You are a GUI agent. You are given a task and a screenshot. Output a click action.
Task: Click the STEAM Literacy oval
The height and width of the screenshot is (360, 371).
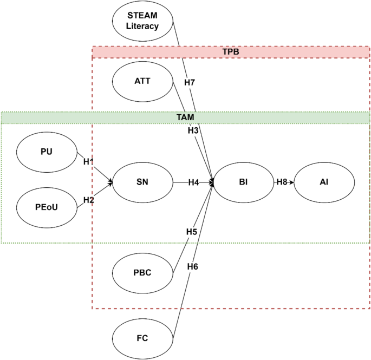point(142,21)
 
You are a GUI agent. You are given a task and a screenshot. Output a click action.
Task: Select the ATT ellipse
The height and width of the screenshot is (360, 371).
point(142,81)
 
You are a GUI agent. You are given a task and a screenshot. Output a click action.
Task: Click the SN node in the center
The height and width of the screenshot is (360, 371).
point(143,182)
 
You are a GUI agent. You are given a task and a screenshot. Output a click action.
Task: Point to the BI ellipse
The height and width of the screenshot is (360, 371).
point(243,182)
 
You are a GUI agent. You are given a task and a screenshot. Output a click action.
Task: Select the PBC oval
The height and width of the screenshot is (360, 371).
point(142,272)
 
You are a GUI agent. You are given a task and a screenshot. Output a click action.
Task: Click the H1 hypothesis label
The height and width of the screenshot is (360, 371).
point(89,161)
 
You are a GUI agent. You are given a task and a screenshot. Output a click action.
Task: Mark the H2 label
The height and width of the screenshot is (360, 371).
point(89,200)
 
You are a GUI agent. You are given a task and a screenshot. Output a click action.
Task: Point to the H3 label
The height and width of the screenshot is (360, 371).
point(193,130)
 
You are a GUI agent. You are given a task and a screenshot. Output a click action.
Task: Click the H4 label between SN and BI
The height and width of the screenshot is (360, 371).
point(194,182)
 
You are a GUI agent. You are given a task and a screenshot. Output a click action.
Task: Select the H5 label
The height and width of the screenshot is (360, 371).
point(191,232)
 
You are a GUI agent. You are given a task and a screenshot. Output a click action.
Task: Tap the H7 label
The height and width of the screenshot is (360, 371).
point(190,82)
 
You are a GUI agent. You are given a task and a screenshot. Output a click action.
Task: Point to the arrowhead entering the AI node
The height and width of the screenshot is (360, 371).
point(292,182)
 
